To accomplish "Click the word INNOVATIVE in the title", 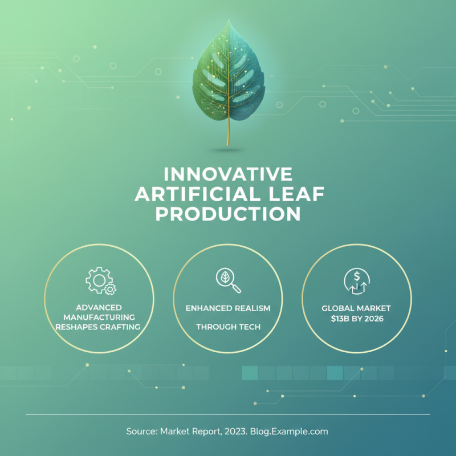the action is pos(228,174).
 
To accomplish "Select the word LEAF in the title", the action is pos(296,194).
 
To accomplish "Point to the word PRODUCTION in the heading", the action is pos(228,214).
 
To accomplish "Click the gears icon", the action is pos(101,281).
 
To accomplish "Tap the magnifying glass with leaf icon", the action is pos(229,280).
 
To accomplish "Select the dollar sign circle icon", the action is pos(357,281).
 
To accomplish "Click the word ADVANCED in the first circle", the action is pos(99,307).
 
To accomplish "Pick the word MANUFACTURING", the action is pos(99,317).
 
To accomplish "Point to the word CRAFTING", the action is pos(120,327).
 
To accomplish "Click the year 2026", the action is pos(374,319).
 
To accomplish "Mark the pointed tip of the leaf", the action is pos(229,19).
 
